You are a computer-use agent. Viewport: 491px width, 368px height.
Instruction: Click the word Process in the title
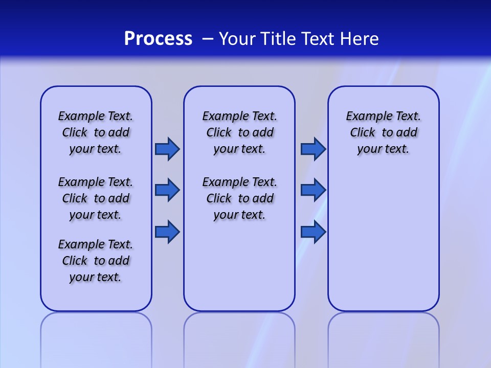(x=158, y=39)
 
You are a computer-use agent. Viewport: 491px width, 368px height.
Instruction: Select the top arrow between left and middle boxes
(x=167, y=149)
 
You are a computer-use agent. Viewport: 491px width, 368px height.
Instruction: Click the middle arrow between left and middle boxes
(x=167, y=190)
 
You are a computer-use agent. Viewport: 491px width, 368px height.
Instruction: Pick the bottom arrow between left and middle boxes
(x=167, y=232)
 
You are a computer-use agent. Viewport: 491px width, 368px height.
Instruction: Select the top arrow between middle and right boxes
(x=313, y=149)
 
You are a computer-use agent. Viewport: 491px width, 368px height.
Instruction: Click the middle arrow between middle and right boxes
(x=313, y=190)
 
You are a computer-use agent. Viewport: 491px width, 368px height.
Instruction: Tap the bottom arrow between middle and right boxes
(x=313, y=232)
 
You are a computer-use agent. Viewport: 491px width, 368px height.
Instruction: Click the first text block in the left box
(x=96, y=132)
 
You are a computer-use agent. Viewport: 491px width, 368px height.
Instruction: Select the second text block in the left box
(x=96, y=198)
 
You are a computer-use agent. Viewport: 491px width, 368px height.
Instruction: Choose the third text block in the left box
(x=96, y=261)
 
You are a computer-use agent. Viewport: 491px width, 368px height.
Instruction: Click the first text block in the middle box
(x=239, y=132)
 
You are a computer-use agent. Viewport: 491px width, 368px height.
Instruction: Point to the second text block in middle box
(x=239, y=198)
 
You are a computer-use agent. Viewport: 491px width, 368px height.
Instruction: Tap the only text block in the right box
(x=383, y=132)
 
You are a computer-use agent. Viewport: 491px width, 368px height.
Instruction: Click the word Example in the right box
(x=365, y=117)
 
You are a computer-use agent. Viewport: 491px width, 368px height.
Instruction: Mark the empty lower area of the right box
(x=383, y=240)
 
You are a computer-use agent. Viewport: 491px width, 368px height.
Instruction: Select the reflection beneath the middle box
(x=239, y=337)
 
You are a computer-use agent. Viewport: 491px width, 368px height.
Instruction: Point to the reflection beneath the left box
(x=96, y=337)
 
